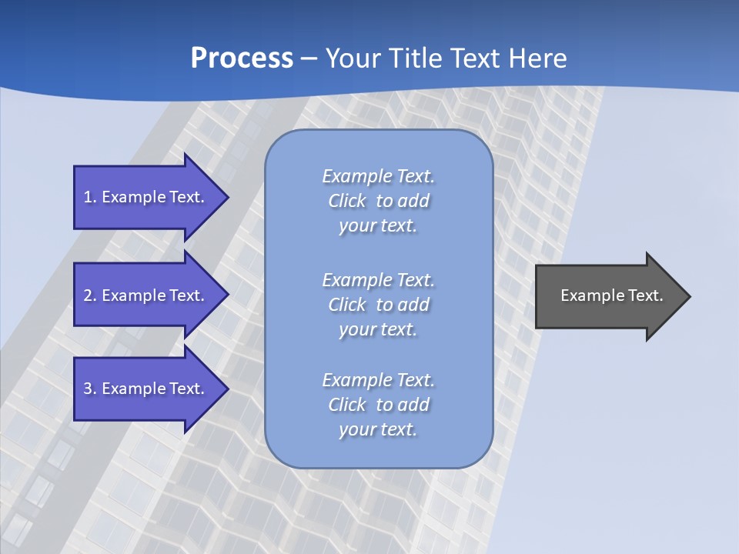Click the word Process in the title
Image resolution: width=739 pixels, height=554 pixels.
point(242,58)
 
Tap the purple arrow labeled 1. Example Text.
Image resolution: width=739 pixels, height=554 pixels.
point(146,197)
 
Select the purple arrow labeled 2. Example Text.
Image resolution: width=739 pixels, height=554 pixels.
point(146,295)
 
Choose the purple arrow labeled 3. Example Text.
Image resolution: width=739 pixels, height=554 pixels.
point(146,389)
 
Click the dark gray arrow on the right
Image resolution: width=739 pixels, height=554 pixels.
point(608,295)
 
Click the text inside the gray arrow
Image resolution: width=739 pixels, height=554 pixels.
point(611,295)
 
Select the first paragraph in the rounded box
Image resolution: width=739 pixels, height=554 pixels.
point(378,201)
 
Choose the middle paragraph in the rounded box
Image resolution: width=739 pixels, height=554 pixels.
point(378,305)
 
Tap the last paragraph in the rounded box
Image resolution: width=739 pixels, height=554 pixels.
point(378,405)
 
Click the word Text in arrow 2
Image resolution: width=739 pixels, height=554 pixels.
point(186,295)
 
